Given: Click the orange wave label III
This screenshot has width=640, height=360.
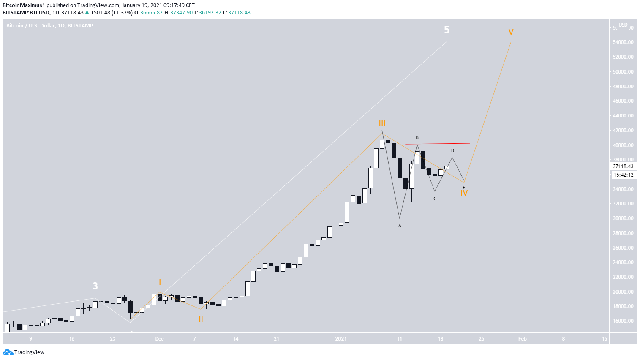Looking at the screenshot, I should (x=382, y=123).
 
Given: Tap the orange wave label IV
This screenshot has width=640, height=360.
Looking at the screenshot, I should (x=464, y=193).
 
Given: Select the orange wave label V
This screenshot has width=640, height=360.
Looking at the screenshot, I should (x=511, y=32).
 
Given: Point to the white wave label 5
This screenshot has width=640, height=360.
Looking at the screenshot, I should (x=447, y=30).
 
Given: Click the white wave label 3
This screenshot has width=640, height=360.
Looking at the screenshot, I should (x=95, y=286).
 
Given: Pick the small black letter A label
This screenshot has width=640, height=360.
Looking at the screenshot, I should (x=400, y=226).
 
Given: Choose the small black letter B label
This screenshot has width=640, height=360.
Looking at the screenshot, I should (x=417, y=137).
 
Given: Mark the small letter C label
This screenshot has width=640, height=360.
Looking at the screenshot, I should (x=435, y=199).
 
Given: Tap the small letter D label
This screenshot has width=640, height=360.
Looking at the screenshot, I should (x=452, y=150).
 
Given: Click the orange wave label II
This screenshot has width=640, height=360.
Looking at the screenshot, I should (x=201, y=320).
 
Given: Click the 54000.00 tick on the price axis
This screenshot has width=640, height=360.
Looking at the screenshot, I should (x=623, y=42).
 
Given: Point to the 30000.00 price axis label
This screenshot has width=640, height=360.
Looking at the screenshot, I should (x=623, y=218).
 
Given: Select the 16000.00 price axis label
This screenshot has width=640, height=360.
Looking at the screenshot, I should (x=623, y=321).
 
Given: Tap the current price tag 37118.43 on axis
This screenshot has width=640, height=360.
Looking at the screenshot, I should (x=623, y=166).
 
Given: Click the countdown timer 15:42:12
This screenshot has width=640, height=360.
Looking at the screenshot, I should (x=623, y=175).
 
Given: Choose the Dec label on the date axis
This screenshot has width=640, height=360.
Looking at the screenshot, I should (x=159, y=338).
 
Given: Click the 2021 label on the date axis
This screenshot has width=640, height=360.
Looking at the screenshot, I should (x=341, y=338).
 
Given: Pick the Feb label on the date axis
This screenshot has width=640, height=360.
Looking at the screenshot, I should (x=522, y=338).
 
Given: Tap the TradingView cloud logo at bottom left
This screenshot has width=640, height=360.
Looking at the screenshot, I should (x=8, y=352).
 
